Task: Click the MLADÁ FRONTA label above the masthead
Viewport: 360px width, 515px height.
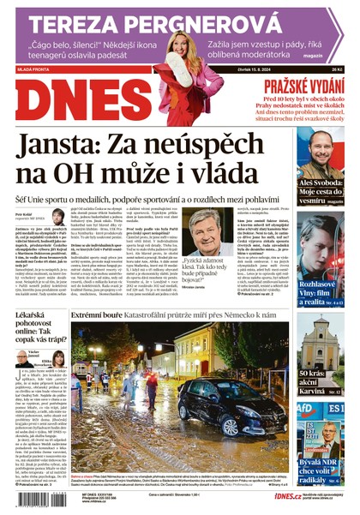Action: (34, 70)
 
